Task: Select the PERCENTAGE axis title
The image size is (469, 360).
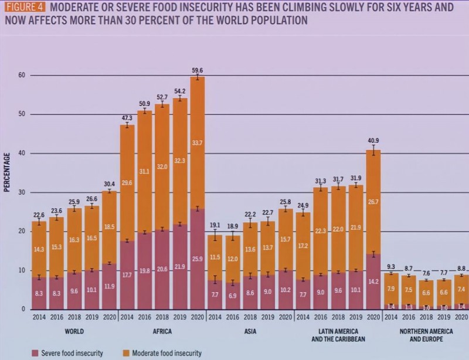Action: coord(8,172)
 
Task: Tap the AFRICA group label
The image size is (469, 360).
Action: coord(162,331)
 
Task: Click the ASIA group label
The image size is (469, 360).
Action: coord(250,331)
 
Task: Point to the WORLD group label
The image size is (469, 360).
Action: coord(74,331)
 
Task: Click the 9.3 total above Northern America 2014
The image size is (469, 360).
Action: coord(391,266)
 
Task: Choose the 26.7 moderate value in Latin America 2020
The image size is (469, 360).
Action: coord(373,202)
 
